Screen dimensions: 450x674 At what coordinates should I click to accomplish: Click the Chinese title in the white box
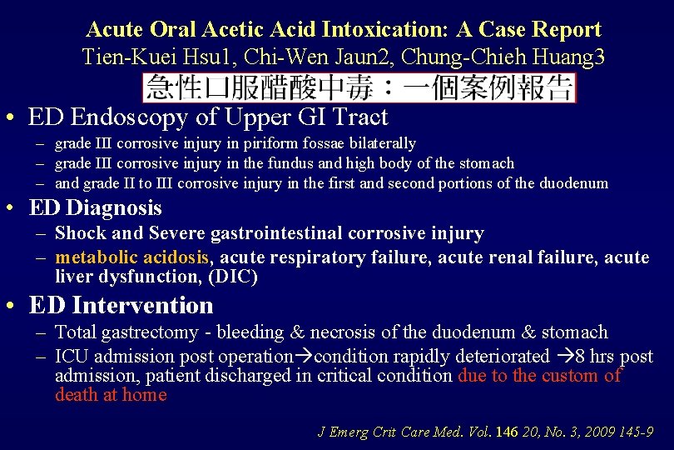coord(359,87)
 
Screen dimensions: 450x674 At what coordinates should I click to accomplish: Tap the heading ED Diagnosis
coord(96,207)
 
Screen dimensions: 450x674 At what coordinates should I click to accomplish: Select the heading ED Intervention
coord(121,306)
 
